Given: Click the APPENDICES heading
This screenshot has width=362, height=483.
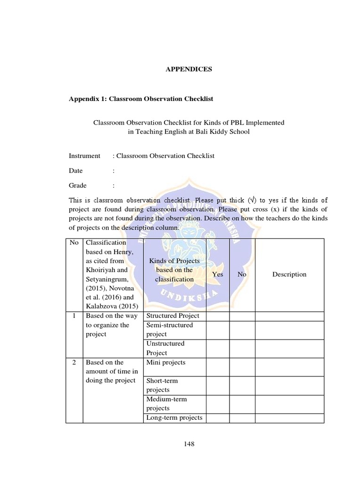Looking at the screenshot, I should [x=189, y=69].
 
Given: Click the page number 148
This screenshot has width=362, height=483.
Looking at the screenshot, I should [x=189, y=444].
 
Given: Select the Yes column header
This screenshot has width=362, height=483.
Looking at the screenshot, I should [x=218, y=275].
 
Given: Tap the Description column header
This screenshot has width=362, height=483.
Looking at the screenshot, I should [x=289, y=275].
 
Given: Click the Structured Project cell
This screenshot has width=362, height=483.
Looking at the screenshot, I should [x=173, y=316].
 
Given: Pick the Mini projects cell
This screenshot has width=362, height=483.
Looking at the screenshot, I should [x=166, y=363].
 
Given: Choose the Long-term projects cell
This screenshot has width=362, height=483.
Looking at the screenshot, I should [x=174, y=418].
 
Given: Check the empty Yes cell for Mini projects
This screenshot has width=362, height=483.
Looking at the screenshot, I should [x=218, y=367].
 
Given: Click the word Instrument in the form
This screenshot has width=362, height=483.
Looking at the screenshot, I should [x=84, y=156].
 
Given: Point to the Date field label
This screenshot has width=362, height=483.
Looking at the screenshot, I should [x=75, y=171].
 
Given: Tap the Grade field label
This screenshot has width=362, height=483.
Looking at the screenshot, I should [x=77, y=185].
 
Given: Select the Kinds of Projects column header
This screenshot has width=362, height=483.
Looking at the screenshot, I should [x=174, y=270].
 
